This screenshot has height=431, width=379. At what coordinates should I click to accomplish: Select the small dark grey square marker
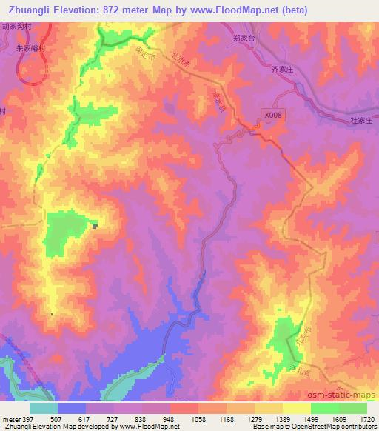click(95, 227)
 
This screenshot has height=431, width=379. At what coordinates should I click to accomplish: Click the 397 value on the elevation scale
click(27, 419)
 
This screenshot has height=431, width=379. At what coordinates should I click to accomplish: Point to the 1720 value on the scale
click(367, 419)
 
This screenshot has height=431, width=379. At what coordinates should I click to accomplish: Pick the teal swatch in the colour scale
click(44, 408)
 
